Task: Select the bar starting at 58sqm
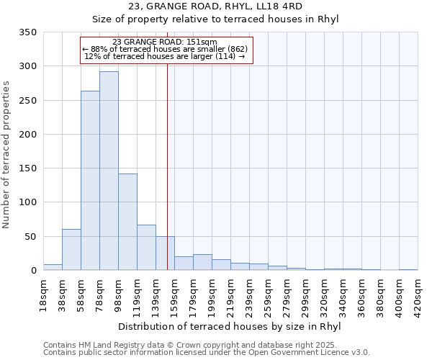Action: (x=90, y=181)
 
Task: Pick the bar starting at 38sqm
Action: (x=71, y=250)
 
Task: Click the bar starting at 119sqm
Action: (x=146, y=248)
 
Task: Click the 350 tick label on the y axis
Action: (x=28, y=32)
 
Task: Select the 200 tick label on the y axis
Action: (x=28, y=135)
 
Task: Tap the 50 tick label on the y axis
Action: (x=31, y=237)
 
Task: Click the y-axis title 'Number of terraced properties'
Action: (x=6, y=155)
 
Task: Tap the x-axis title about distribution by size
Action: (x=229, y=327)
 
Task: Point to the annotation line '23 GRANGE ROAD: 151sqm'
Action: (x=165, y=42)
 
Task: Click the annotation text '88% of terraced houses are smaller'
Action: (x=165, y=49)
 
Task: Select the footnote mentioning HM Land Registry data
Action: (x=206, y=345)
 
